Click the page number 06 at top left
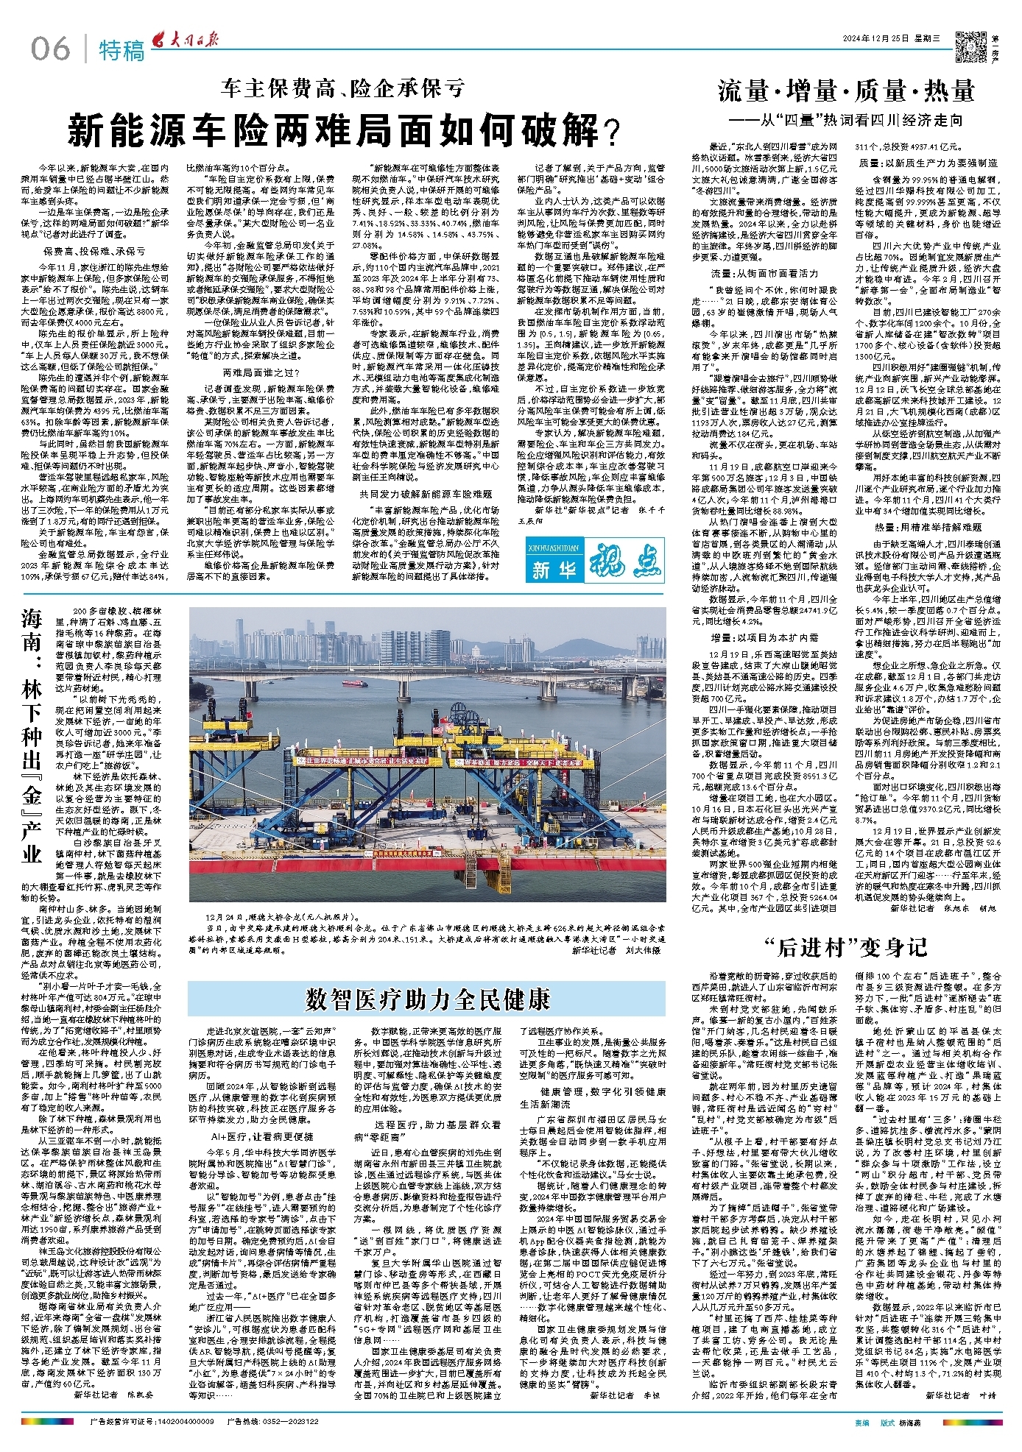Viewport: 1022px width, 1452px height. tap(50, 50)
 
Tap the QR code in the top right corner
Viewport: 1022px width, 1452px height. tap(970, 48)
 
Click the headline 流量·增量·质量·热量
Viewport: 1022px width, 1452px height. tap(846, 91)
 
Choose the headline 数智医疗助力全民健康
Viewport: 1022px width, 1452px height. tap(428, 999)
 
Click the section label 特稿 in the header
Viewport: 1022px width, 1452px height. tap(122, 51)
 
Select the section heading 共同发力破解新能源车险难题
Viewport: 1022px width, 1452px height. tap(426, 494)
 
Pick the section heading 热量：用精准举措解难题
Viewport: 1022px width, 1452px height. tap(927, 528)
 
